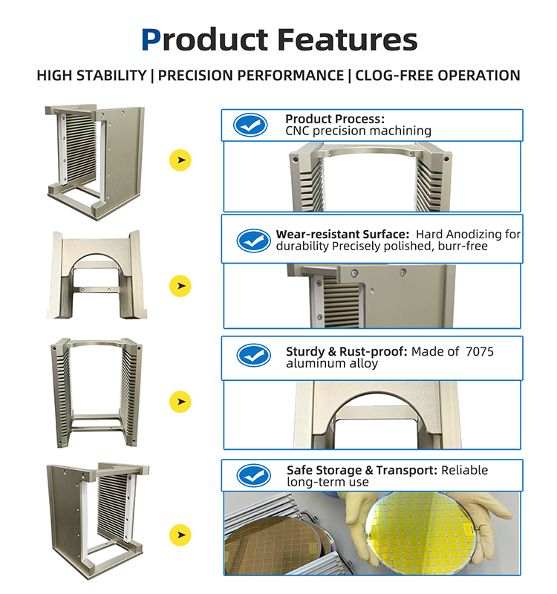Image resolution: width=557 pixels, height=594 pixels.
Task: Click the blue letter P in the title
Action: [151, 39]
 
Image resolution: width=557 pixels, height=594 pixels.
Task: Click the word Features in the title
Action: [347, 39]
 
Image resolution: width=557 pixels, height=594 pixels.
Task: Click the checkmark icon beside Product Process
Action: [250, 125]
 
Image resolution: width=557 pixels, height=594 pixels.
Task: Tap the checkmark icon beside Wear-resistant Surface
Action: [253, 240]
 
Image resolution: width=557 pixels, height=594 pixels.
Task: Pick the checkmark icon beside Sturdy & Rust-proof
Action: [253, 356]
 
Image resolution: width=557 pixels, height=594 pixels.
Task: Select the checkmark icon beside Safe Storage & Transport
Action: [253, 475]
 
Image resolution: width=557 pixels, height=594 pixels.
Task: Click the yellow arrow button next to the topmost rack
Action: [180, 160]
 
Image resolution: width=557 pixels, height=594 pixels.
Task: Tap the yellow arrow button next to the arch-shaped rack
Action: [180, 286]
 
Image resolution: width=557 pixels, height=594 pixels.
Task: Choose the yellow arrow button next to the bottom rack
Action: [180, 535]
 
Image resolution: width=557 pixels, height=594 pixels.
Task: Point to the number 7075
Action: [479, 351]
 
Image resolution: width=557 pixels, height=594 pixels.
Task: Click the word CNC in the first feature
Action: [298, 131]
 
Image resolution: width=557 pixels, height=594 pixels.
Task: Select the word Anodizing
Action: [478, 235]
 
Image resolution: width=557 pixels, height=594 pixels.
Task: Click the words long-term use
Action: [328, 482]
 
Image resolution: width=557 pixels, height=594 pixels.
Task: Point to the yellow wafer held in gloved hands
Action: [421, 532]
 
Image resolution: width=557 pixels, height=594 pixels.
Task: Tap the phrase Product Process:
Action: [335, 119]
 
